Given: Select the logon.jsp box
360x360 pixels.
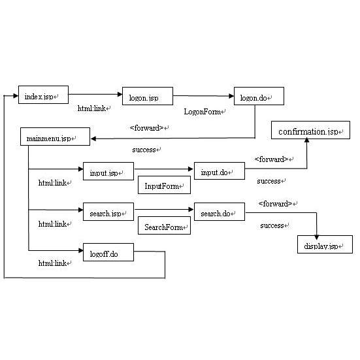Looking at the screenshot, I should tap(147, 97).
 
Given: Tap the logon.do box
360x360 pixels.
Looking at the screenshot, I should tap(259, 97).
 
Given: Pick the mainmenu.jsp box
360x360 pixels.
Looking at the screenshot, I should tap(49, 139).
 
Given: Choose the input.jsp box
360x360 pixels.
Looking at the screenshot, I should tap(108, 172).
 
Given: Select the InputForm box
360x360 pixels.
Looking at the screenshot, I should tap(163, 187).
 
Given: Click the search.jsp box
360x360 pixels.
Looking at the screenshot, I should tap(108, 214).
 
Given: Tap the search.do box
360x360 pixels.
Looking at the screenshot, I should tap(219, 214).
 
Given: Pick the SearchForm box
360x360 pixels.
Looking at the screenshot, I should tap(163, 227).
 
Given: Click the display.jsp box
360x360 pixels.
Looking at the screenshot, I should tap(325, 245).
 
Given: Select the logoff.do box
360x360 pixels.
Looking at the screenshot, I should tap(104, 254).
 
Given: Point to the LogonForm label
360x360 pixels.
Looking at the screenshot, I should tap(205, 112).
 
